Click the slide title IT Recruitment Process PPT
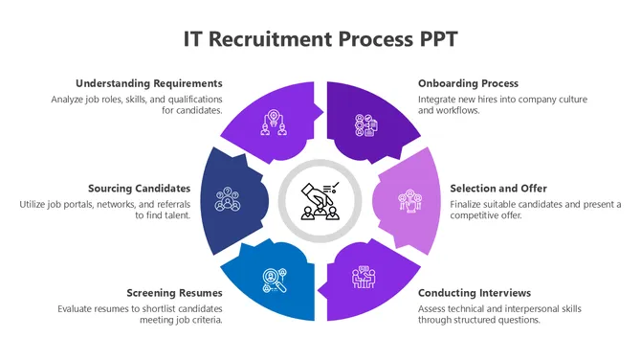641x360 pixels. tap(320, 39)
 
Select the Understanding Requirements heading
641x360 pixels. tap(148, 83)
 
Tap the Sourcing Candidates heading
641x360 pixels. tap(140, 188)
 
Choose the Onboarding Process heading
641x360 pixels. tap(468, 83)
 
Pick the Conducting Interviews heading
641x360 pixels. tap(475, 293)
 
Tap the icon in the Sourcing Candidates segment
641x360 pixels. tap(227, 199)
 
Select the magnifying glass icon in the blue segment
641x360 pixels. tap(275, 279)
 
